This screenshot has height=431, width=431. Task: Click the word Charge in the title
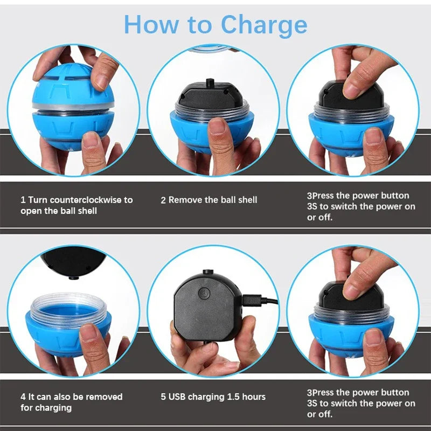[x=264, y=24]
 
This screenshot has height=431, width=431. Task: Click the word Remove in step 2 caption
[x=186, y=200]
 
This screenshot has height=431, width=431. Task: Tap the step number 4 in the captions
[x=23, y=397]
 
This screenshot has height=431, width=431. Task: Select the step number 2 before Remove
[x=163, y=200]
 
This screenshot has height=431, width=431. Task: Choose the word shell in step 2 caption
[x=247, y=200]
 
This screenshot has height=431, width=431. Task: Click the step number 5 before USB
[x=163, y=397]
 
